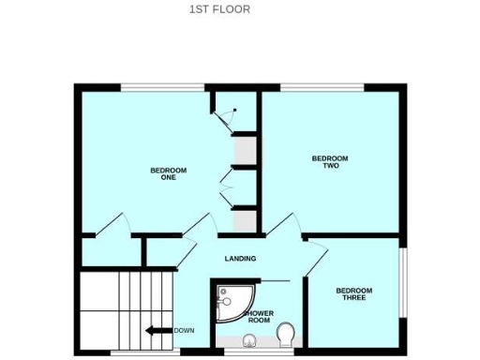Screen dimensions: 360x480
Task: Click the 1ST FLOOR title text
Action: click(219, 10)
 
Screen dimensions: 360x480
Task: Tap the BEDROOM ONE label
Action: click(169, 173)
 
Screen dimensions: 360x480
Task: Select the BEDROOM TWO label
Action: click(329, 162)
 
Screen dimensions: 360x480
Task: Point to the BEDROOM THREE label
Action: click(354, 293)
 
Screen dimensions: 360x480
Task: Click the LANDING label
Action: click(240, 259)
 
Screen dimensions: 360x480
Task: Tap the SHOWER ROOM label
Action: click(259, 317)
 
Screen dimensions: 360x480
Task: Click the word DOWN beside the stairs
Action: click(184, 330)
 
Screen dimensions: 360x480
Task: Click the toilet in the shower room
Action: click(287, 331)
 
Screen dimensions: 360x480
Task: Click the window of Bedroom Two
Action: click(322, 88)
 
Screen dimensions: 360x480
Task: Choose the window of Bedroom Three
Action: click(404, 281)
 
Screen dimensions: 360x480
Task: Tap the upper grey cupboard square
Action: click(245, 151)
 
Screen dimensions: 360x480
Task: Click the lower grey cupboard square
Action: click(245, 221)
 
